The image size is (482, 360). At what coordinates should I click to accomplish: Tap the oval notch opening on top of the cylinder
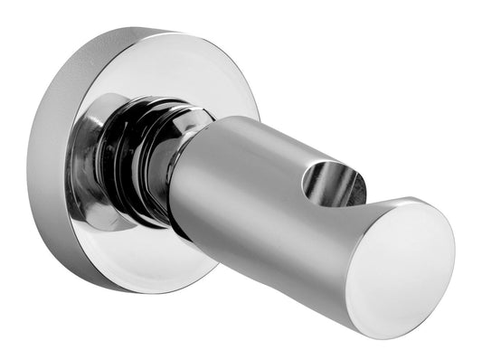click(x=332, y=182)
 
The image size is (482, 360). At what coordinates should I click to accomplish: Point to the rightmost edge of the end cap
click(x=453, y=253)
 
